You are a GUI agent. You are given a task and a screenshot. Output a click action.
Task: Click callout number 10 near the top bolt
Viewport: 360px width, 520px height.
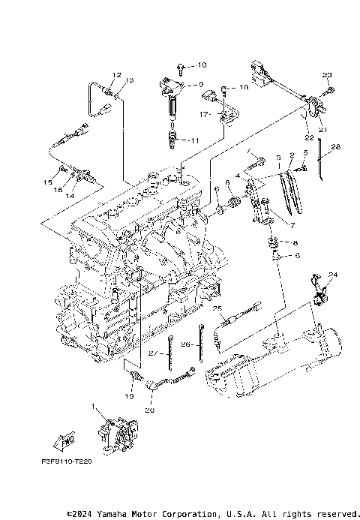(202, 66)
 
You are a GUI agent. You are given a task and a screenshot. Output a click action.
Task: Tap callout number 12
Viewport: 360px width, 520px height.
(116, 75)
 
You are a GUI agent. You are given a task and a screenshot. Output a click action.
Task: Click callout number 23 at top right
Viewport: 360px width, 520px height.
(327, 75)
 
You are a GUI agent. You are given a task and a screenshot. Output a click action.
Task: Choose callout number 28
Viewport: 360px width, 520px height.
(336, 146)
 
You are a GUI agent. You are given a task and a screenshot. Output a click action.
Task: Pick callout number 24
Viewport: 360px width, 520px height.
(333, 275)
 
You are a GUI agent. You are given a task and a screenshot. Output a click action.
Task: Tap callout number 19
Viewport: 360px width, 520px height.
(129, 395)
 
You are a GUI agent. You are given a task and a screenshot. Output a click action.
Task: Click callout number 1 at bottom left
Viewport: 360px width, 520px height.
(94, 407)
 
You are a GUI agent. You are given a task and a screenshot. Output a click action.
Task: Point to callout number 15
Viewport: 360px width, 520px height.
(47, 182)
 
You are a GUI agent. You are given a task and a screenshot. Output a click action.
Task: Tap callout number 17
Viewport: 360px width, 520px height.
(203, 114)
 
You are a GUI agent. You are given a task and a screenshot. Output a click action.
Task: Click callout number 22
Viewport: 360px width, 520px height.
(309, 138)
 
